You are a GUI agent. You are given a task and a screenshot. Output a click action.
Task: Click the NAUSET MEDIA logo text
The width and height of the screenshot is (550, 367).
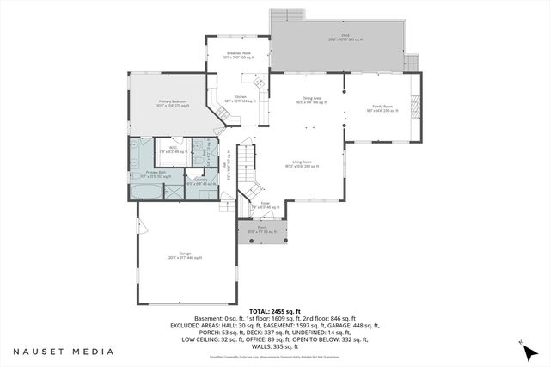[64, 351]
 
